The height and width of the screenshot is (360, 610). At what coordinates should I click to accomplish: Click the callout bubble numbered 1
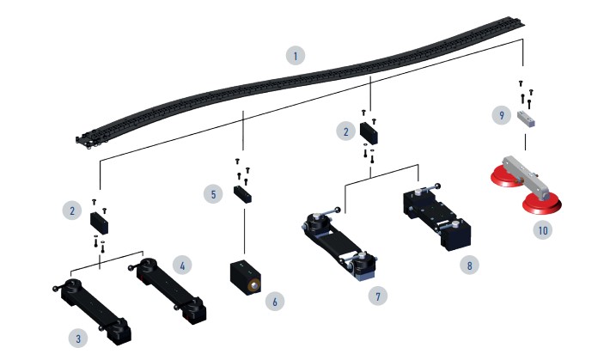(296, 56)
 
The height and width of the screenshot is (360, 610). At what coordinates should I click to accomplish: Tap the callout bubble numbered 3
(78, 339)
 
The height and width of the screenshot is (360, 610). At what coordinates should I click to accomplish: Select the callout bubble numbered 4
(182, 265)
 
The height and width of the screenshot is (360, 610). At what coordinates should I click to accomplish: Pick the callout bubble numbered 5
(213, 194)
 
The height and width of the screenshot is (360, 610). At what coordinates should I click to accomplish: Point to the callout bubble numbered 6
(275, 302)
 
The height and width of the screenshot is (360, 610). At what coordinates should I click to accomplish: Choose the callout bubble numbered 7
(378, 296)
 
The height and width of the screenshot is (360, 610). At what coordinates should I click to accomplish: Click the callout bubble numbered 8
(469, 265)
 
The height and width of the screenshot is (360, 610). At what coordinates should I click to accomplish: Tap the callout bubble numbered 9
(502, 115)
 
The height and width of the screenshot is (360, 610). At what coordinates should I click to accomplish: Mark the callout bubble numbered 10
(543, 230)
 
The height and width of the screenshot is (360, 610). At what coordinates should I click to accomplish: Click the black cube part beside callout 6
(246, 278)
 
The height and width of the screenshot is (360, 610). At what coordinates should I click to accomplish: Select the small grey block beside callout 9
(526, 119)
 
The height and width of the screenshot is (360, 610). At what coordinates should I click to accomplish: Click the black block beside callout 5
(242, 194)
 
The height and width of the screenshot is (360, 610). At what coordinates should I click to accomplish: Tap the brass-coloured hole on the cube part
(254, 287)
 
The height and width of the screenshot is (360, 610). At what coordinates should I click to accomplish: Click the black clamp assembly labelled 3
(94, 311)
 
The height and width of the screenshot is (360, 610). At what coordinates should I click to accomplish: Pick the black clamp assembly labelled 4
(169, 290)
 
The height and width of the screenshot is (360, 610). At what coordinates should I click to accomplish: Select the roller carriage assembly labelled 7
(339, 244)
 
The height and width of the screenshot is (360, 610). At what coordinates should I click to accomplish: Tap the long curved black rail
(300, 80)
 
